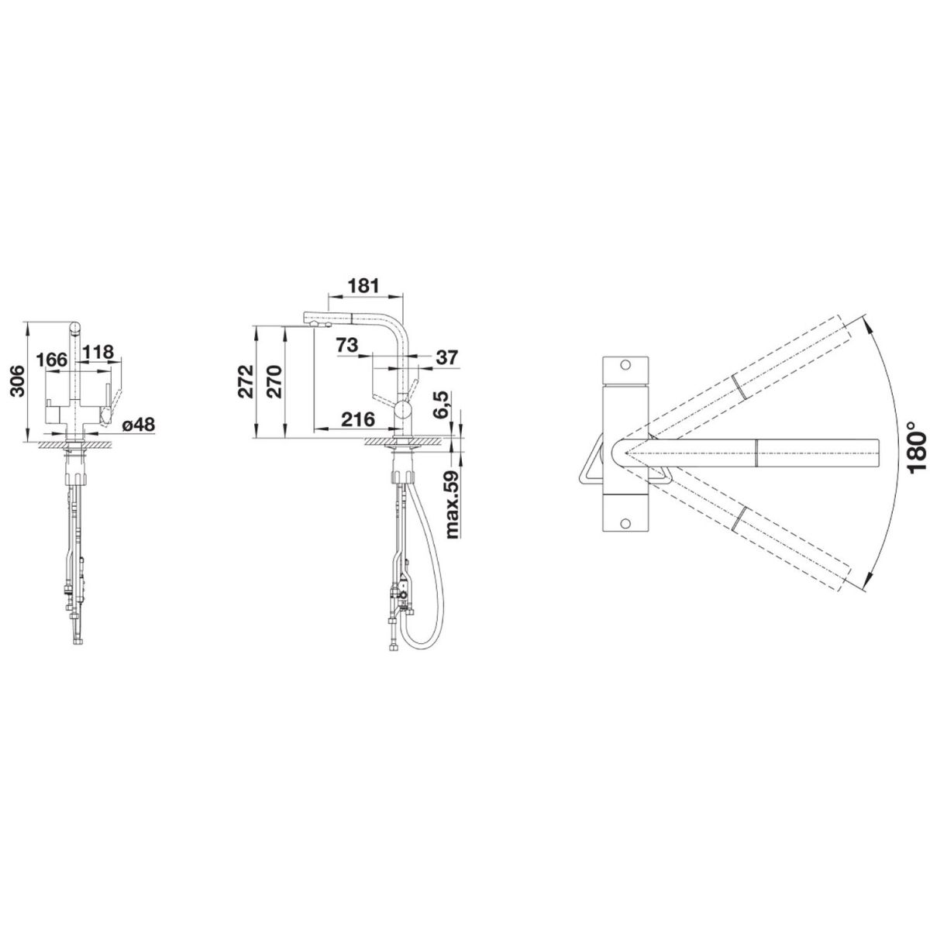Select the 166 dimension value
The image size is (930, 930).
[x=52, y=360]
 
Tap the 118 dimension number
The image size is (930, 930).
[x=98, y=352]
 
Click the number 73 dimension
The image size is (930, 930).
[x=347, y=345]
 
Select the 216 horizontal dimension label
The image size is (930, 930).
[x=357, y=419]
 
